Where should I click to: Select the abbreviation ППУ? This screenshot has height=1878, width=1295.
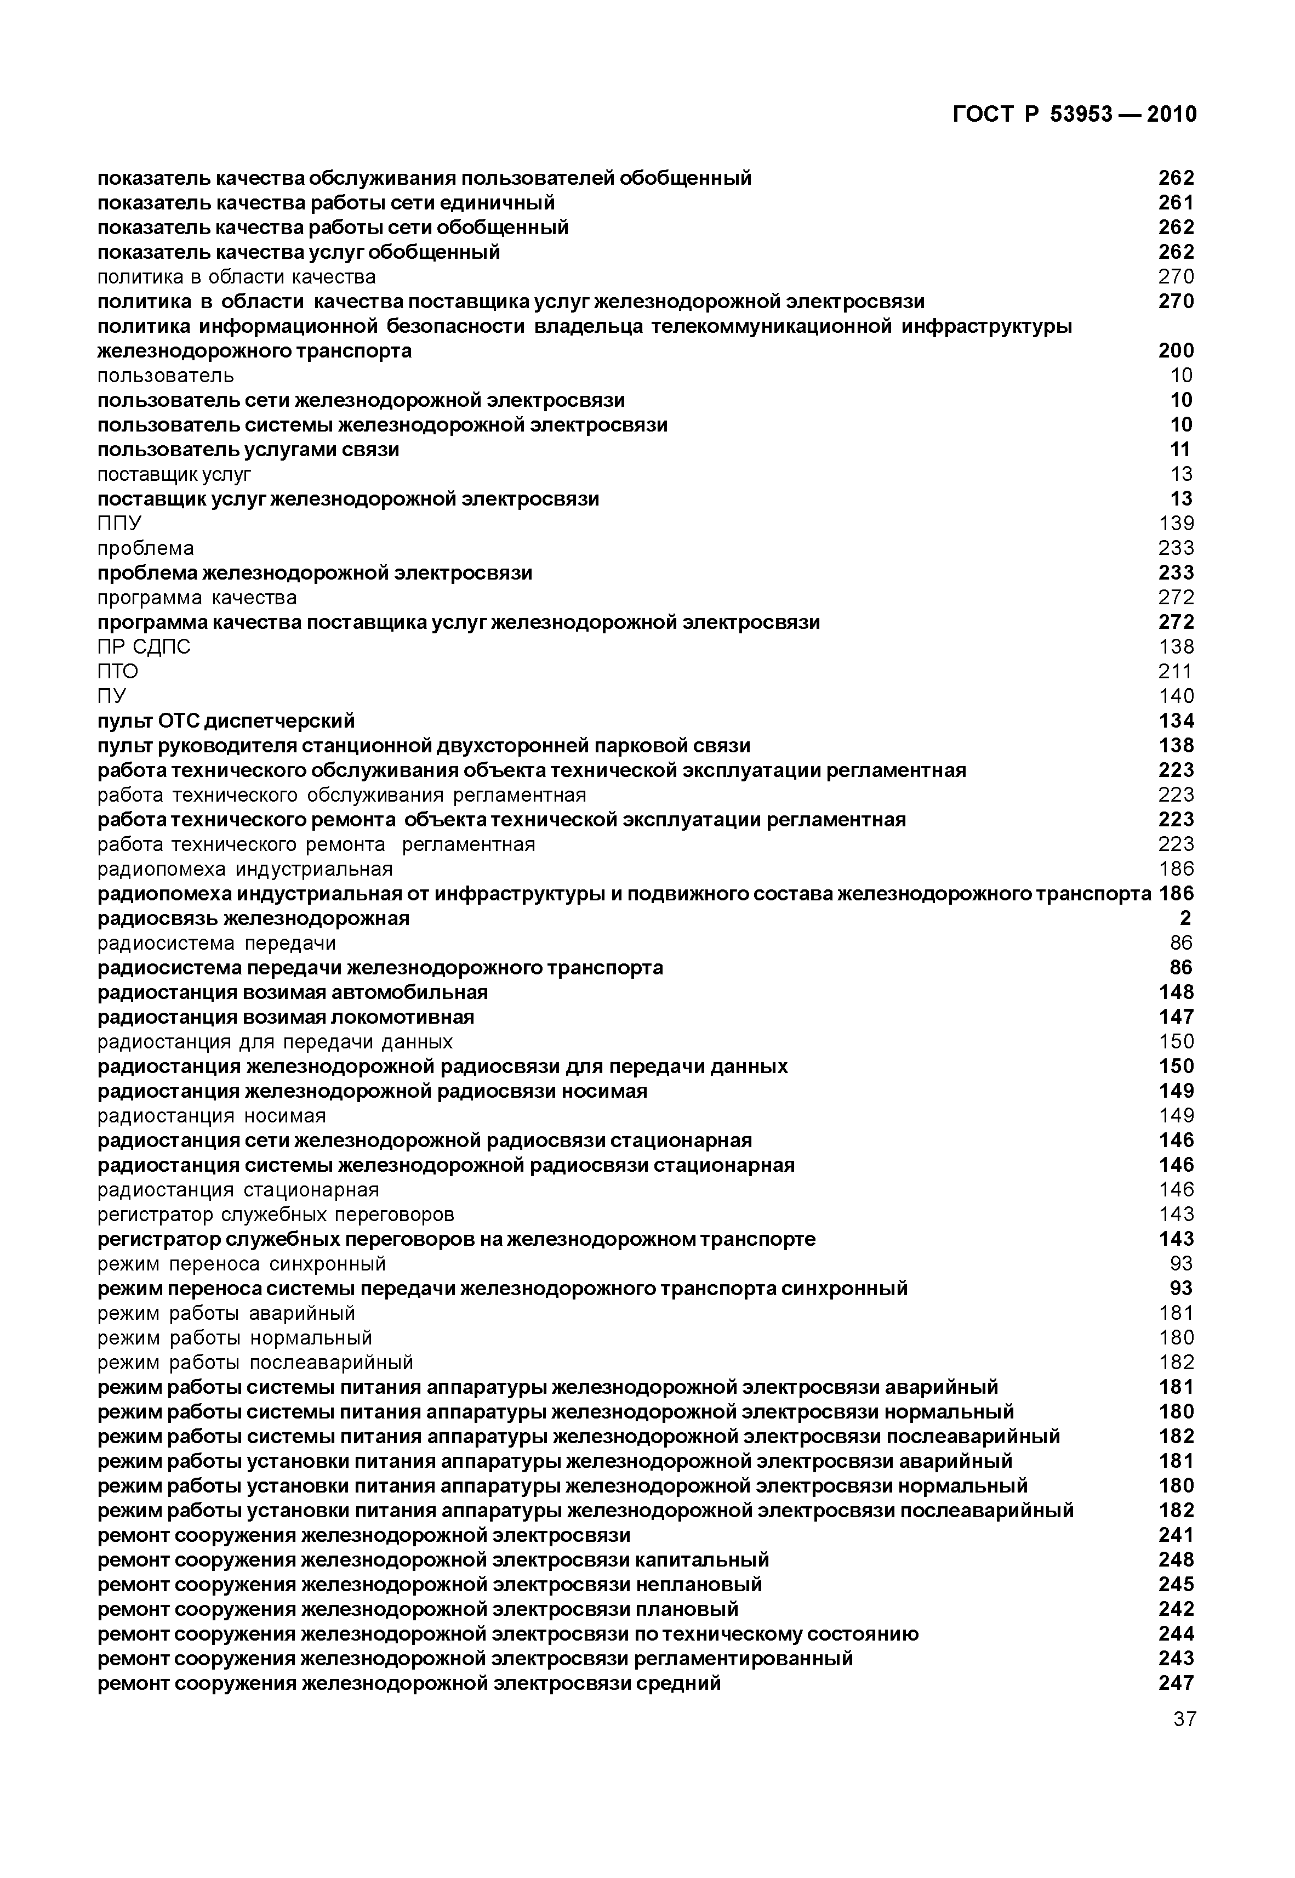(x=119, y=524)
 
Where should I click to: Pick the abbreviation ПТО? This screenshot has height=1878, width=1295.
(x=118, y=671)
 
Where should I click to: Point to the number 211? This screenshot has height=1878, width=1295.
(x=1176, y=671)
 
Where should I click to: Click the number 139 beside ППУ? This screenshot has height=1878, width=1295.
(x=1176, y=524)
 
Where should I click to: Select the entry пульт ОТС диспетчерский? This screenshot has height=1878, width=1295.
(x=226, y=720)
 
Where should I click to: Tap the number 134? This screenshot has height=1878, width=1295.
(x=1176, y=720)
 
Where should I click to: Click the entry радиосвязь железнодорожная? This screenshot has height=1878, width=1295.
(x=253, y=918)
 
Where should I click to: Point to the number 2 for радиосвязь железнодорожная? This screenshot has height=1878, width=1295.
(x=1185, y=918)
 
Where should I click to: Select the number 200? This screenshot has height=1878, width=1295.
(x=1176, y=350)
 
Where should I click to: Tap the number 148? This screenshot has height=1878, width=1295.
(x=1176, y=992)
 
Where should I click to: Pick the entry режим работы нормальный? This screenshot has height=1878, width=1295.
(x=235, y=1337)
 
